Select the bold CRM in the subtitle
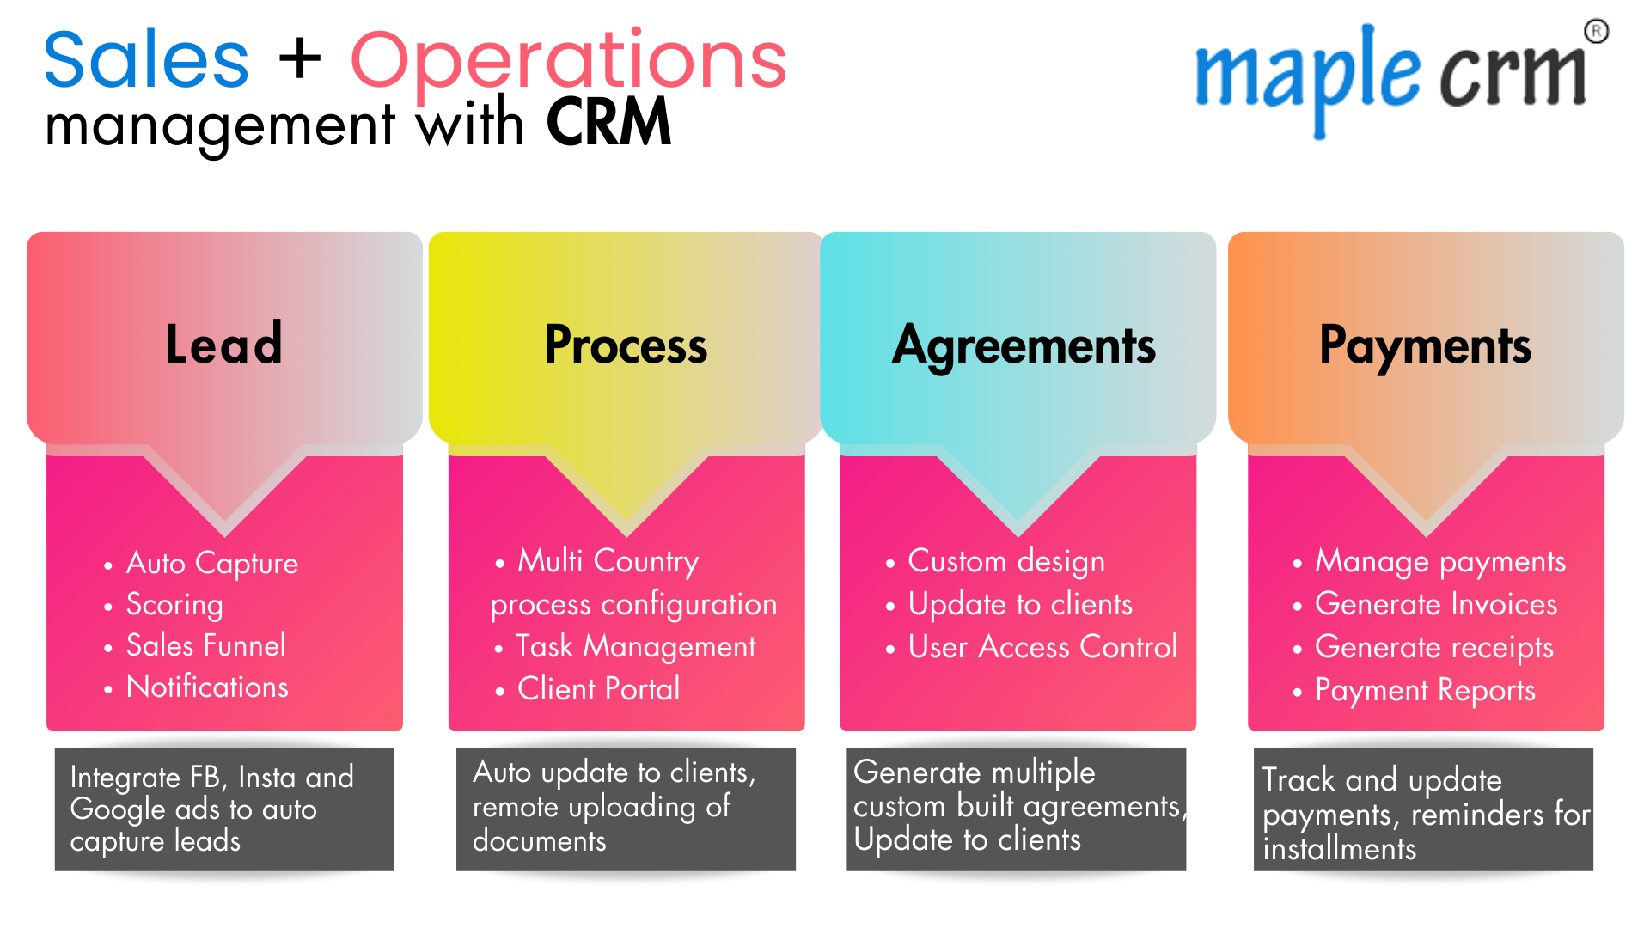tap(608, 124)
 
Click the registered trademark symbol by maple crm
tap(1596, 33)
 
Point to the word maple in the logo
tap(1306, 77)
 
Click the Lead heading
tap(224, 345)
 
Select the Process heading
tap(626, 345)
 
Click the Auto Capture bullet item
tap(211, 564)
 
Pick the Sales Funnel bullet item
tap(205, 645)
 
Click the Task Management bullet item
tap(635, 646)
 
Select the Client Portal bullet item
tap(598, 689)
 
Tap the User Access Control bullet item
tap(1042, 647)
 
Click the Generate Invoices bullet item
tap(1435, 604)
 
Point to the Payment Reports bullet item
tap(1425, 690)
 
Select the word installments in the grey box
tap(1339, 850)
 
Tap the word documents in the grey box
tap(539, 840)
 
